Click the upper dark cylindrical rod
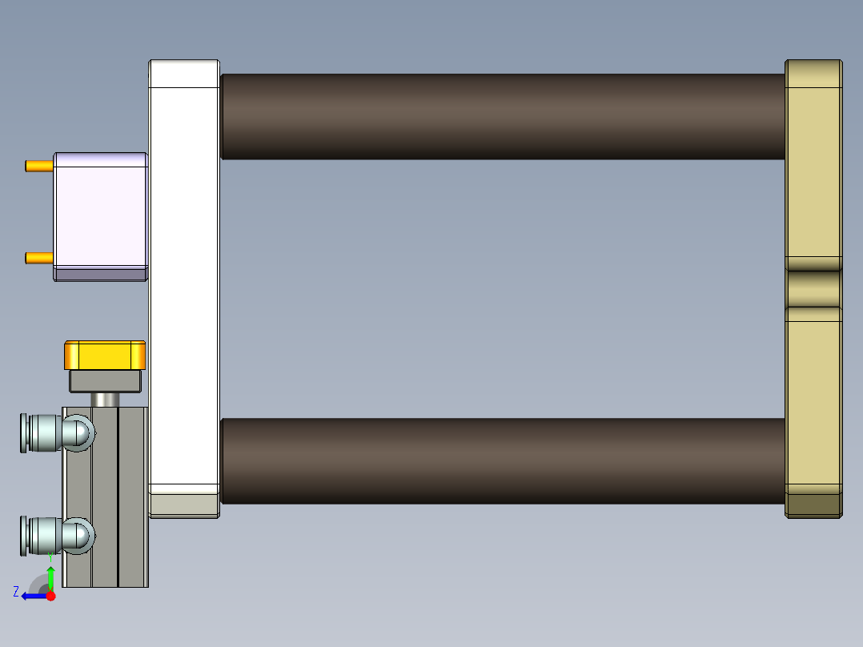[x=502, y=116]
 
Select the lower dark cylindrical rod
[x=502, y=460]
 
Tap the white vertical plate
[x=184, y=272]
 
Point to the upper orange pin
[x=38, y=166]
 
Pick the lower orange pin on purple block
[x=38, y=258]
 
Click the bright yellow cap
[x=105, y=355]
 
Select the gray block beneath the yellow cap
[x=106, y=381]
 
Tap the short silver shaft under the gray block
[x=106, y=400]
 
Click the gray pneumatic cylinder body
[x=120, y=496]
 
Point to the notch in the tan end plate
[x=813, y=288]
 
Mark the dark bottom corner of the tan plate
[x=813, y=505]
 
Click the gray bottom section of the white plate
[x=184, y=504]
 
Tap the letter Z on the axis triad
[x=16, y=592]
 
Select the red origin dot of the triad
[x=50, y=596]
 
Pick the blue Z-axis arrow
[x=32, y=596]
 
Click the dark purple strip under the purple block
[x=100, y=275]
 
